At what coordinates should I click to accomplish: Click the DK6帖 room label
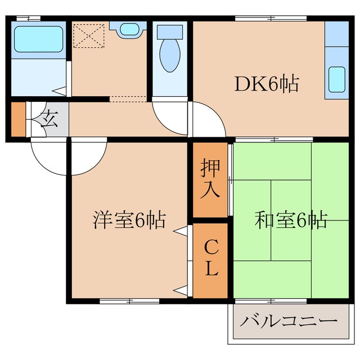coord(266,85)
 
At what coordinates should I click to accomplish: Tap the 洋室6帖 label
coord(129,220)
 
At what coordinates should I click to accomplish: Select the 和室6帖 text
coord(291,220)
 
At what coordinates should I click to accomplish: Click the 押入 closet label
coord(210,179)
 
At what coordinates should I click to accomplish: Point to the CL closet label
coord(210,259)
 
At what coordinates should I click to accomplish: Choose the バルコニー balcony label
coord(289,323)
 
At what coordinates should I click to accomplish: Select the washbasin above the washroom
coord(128,29)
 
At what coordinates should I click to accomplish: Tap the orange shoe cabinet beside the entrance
coord(19,119)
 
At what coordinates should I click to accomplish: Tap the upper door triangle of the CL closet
coord(180,231)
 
